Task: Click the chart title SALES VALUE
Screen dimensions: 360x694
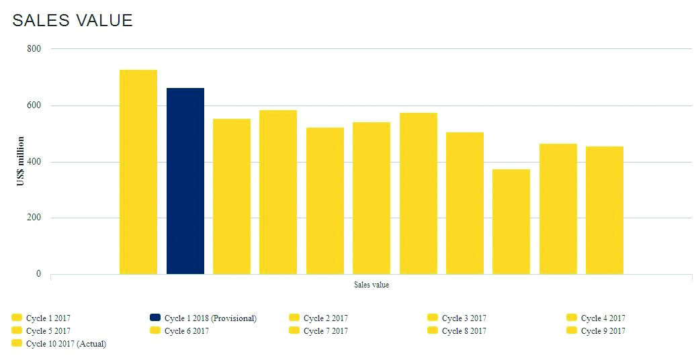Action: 73,21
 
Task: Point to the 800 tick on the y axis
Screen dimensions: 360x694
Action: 34,49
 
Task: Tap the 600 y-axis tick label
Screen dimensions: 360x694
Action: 34,105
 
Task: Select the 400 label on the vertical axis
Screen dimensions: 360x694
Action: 34,162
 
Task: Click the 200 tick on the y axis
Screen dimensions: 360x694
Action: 34,218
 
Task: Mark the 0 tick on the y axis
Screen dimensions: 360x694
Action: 38,274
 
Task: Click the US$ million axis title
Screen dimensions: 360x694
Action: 21,161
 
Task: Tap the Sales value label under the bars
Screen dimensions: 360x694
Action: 372,285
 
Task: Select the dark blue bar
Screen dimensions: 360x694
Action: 185,181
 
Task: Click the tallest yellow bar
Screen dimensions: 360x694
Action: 138,172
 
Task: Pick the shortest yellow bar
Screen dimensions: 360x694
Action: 511,222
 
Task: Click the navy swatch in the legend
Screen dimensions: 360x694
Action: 155,318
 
